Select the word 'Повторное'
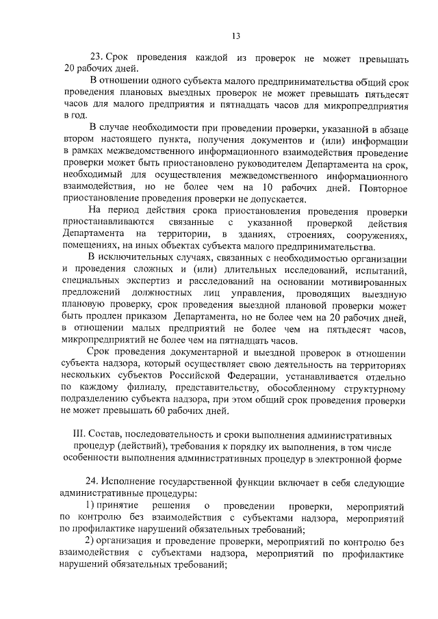point(381,188)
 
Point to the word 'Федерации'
point(270,376)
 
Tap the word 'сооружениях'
point(379,235)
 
